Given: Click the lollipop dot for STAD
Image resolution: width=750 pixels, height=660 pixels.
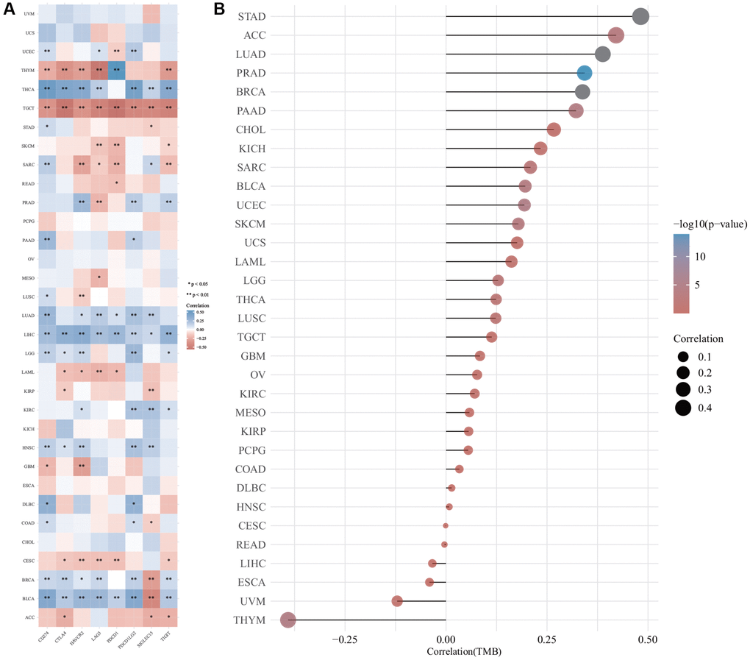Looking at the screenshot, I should [640, 17].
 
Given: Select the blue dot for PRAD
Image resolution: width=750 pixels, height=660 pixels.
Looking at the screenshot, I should [584, 73].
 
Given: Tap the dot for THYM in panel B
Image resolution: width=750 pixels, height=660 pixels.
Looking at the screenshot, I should [287, 620].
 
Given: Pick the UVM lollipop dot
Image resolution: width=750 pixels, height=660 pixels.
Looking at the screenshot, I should [397, 601].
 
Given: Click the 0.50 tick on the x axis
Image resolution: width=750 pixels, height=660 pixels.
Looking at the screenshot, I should [647, 639].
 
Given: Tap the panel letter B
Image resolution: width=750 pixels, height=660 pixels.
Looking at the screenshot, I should [219, 9].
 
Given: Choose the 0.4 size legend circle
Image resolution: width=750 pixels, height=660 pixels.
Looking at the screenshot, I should [683, 407].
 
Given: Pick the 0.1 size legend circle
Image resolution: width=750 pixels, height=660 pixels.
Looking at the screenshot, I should [683, 357].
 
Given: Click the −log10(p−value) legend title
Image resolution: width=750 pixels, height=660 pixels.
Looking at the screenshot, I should [709, 224].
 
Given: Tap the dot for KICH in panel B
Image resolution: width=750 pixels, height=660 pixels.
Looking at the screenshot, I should [540, 149].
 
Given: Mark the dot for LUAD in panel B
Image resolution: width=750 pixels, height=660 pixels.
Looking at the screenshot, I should [603, 54].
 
